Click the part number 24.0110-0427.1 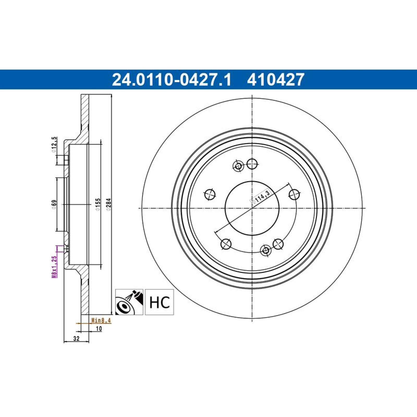(171, 79)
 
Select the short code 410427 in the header (276, 79)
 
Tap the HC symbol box (159, 302)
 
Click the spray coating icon (129, 302)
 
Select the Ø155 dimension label (98, 205)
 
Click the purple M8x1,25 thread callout (54, 267)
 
